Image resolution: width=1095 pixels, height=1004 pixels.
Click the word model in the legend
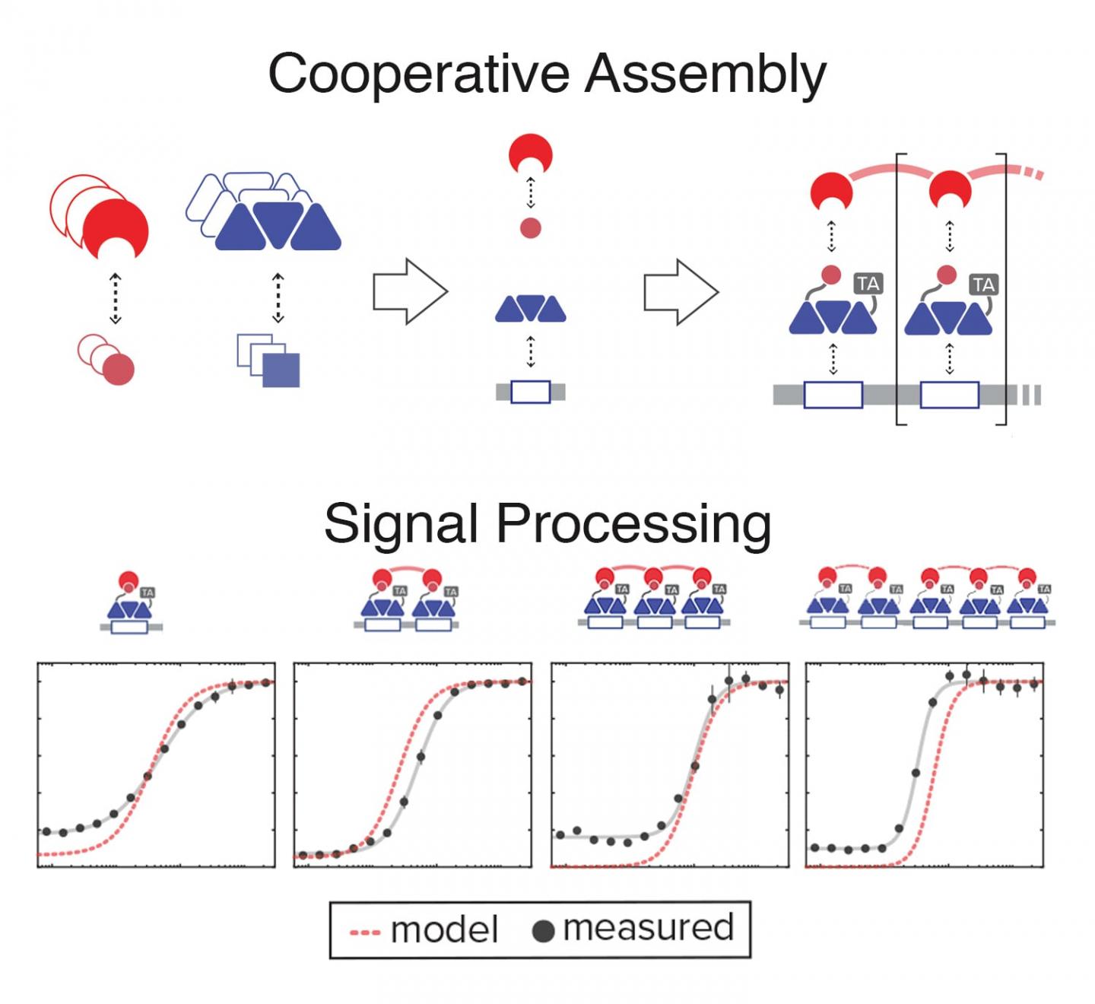coord(444,930)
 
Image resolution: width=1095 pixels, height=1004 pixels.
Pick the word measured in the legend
coord(648,928)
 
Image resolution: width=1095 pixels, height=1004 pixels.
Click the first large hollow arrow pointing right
coord(410,292)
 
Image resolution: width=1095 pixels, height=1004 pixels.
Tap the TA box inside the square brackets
coord(983,285)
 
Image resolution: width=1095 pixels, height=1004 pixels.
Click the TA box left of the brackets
coord(868,284)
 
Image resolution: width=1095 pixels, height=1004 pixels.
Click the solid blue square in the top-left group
coord(281,370)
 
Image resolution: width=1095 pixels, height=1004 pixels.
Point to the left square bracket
coord(900,289)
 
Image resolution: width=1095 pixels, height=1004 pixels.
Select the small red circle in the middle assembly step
coord(530,227)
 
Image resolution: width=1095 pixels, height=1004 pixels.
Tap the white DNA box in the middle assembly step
coord(530,392)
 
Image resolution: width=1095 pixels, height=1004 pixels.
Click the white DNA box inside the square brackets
coord(949,395)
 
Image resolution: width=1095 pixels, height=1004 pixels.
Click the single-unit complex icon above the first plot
coord(131,605)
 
